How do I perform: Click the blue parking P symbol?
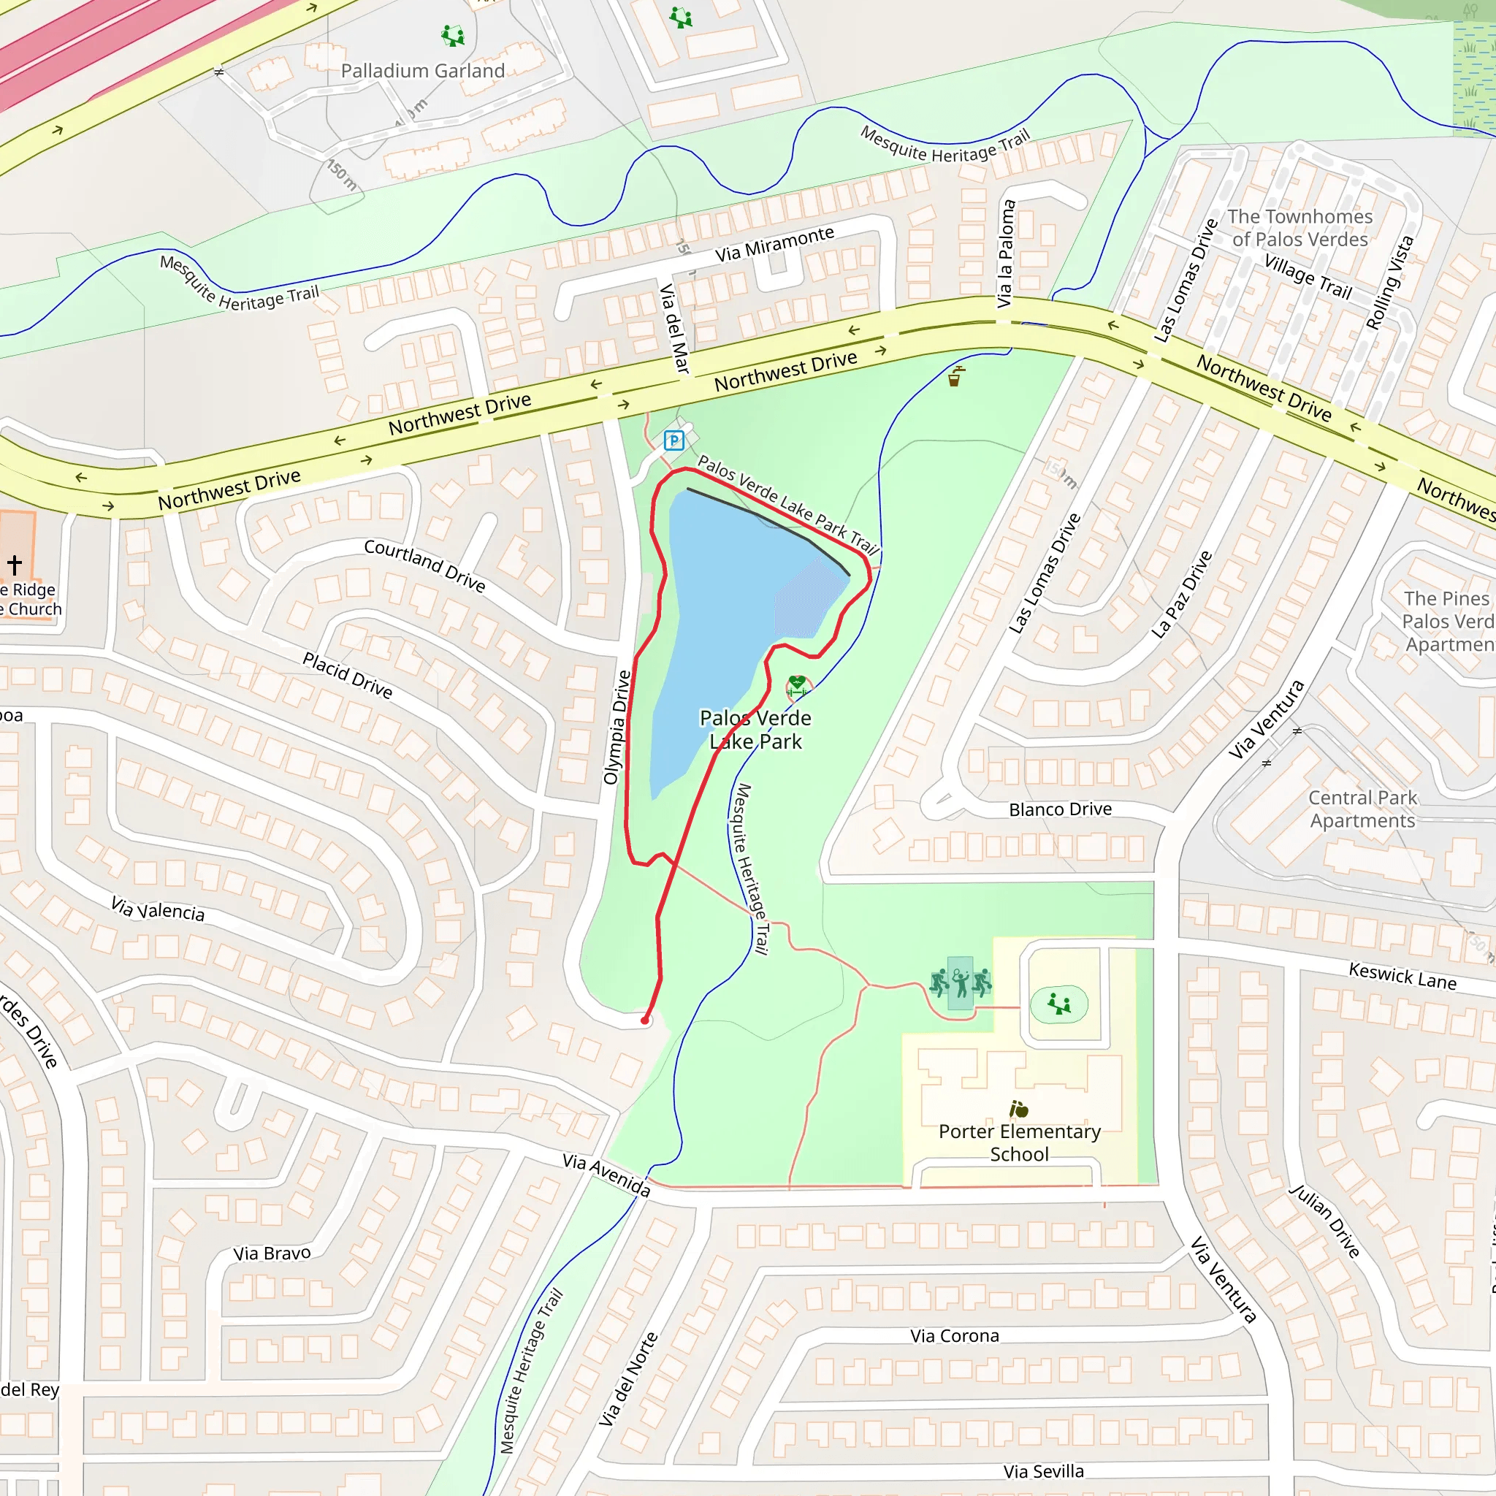click(673, 440)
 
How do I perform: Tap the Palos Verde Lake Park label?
click(755, 730)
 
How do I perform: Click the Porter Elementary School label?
click(1019, 1142)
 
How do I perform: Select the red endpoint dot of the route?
click(644, 1020)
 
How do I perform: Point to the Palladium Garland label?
click(422, 72)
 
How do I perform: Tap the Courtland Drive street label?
click(424, 565)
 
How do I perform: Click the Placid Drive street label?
click(347, 674)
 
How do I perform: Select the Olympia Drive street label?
click(617, 728)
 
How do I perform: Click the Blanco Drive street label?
click(1059, 809)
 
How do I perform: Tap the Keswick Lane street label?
click(1402, 976)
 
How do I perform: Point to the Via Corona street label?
click(954, 1336)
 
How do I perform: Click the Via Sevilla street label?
click(1043, 1471)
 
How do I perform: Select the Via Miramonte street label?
click(774, 243)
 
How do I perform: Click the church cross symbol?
click(15, 564)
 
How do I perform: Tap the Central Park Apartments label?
click(1362, 809)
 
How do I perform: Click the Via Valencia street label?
click(158, 909)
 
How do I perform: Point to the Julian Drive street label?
click(1324, 1221)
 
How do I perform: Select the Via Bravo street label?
click(272, 1253)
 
